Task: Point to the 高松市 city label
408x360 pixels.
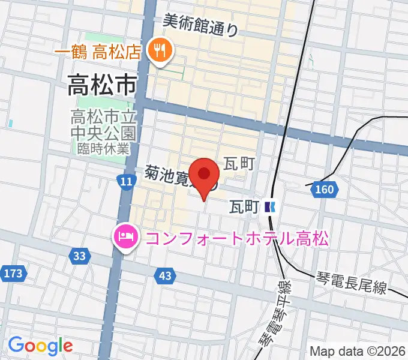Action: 101,85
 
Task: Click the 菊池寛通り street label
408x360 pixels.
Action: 174,178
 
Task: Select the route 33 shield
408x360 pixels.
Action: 80,256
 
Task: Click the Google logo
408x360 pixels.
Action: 40,345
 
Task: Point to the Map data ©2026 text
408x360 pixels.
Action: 358,351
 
